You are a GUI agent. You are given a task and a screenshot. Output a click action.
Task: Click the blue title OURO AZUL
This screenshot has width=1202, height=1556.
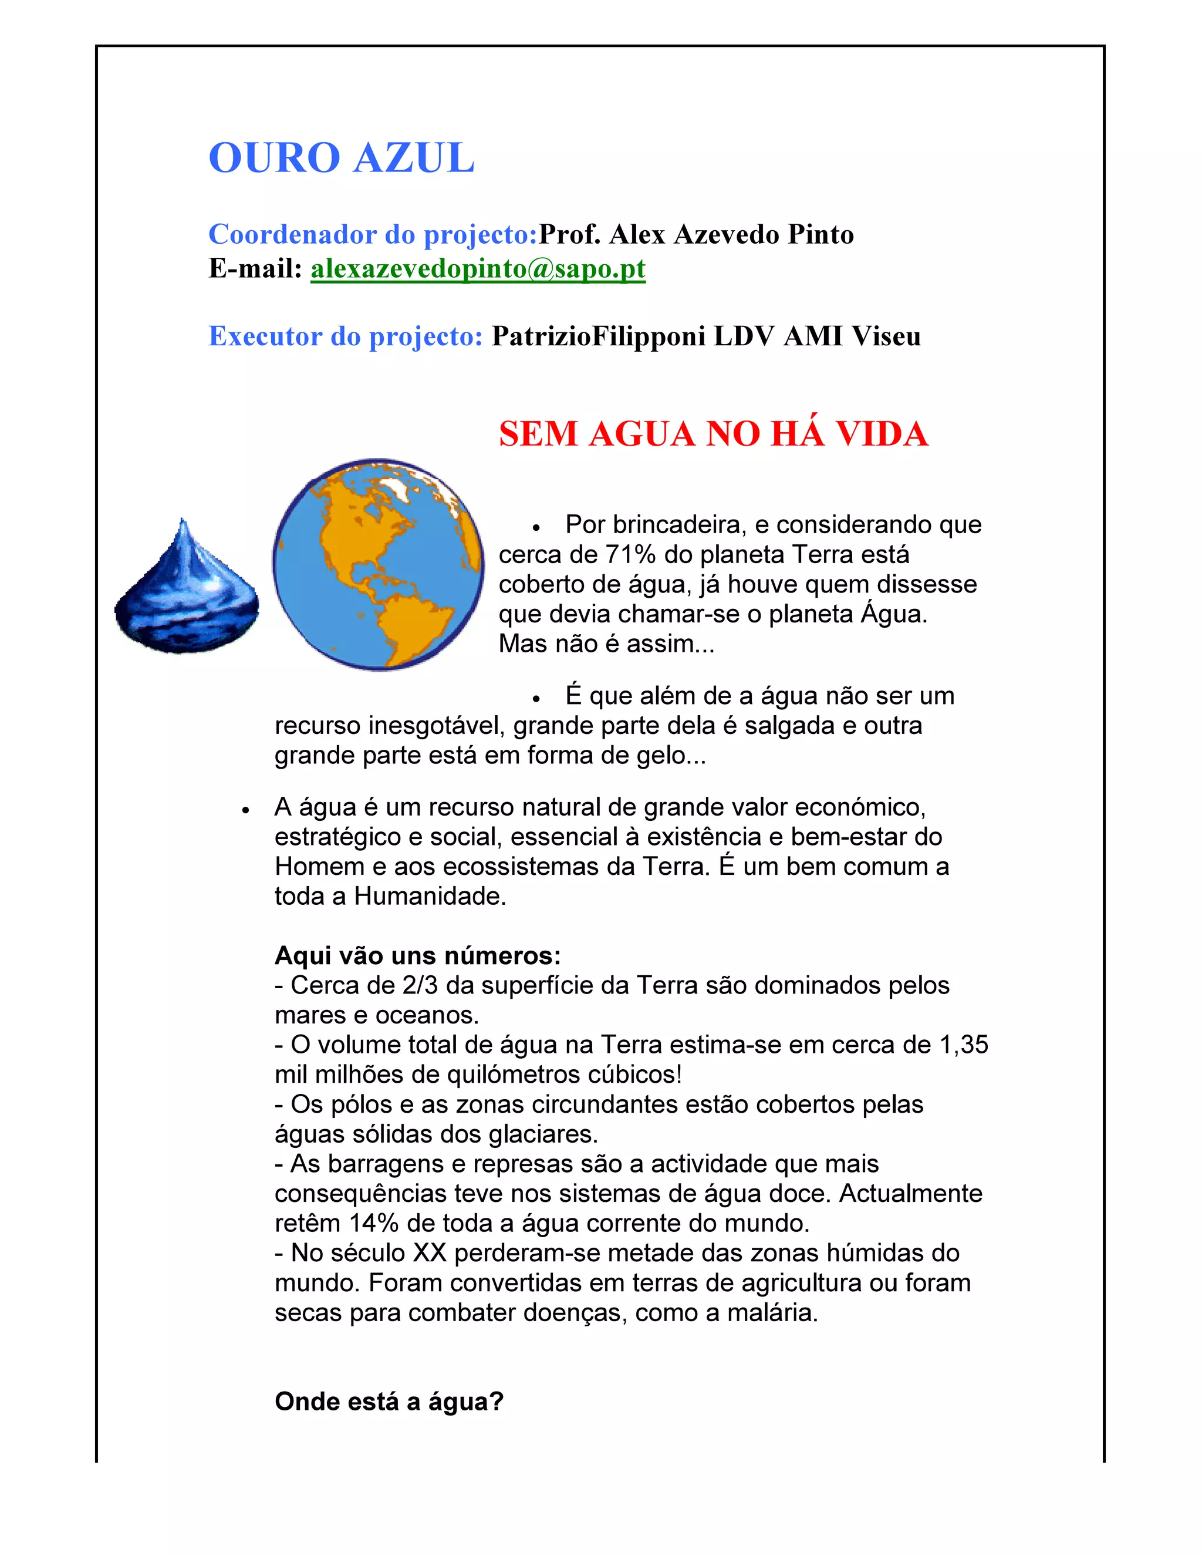pyautogui.click(x=341, y=157)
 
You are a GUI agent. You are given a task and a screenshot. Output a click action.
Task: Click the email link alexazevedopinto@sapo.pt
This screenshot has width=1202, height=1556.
pyautogui.click(x=478, y=268)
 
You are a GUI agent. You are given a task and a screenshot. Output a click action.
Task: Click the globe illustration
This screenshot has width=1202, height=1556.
pyautogui.click(x=378, y=564)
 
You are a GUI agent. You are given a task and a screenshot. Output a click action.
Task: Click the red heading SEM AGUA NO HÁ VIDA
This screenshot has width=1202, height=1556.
pyautogui.click(x=713, y=434)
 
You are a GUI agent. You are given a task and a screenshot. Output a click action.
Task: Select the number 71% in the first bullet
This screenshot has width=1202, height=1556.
pyautogui.click(x=630, y=554)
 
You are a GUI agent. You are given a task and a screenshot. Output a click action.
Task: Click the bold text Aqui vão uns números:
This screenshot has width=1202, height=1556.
pyautogui.click(x=417, y=955)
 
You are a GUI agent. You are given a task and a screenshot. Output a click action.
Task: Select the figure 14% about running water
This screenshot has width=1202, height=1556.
pyautogui.click(x=374, y=1222)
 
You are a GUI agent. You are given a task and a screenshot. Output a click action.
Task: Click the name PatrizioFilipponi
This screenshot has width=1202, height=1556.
pyautogui.click(x=598, y=336)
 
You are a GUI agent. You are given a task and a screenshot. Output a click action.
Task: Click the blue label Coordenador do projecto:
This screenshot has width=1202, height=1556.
pyautogui.click(x=373, y=234)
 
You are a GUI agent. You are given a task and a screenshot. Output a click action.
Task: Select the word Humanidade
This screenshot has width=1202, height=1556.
pyautogui.click(x=430, y=896)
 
